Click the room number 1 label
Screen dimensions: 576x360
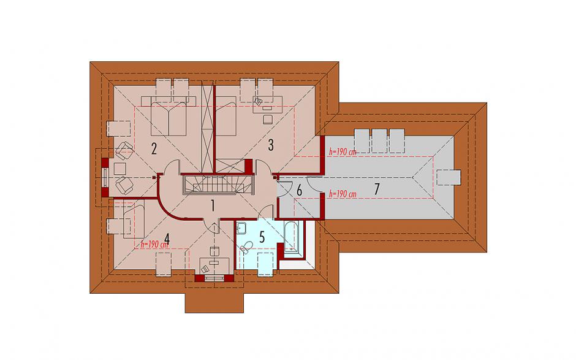click(x=213, y=205)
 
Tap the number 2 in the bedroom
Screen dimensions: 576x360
click(x=154, y=148)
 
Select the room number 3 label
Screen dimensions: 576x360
click(x=271, y=145)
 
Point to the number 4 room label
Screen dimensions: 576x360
click(x=167, y=239)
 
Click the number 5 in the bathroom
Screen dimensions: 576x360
click(x=262, y=237)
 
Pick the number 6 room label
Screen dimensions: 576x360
click(x=300, y=191)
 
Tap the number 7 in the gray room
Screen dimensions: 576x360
click(x=376, y=189)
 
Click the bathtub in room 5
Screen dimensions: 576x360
click(x=293, y=238)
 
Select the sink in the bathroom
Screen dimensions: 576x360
click(x=242, y=228)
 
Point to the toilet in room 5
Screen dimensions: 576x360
click(x=246, y=247)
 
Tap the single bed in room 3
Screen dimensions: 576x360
click(x=225, y=116)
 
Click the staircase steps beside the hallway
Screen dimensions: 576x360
click(x=218, y=183)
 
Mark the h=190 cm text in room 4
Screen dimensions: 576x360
click(x=154, y=244)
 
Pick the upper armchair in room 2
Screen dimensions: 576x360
click(x=124, y=151)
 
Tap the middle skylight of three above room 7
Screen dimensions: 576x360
click(x=379, y=140)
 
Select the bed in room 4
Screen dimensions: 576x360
click(x=134, y=221)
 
